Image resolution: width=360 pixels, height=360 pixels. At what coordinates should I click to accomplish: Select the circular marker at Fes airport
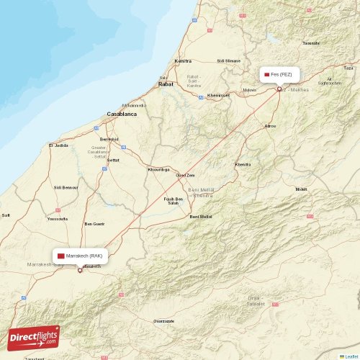279,89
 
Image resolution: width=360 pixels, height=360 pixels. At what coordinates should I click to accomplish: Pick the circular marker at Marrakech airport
80,270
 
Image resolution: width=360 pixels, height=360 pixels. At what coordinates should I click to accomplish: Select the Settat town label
112,159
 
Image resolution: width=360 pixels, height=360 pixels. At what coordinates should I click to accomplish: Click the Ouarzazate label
163,320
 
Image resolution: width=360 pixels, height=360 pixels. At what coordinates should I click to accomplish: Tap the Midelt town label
301,189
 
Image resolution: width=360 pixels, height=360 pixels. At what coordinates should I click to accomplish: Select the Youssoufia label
57,218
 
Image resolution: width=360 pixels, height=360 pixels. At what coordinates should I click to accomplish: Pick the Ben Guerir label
95,224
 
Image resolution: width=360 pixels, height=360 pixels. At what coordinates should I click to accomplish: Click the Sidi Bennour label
66,186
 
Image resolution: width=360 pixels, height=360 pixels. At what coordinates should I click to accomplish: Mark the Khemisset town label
218,95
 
